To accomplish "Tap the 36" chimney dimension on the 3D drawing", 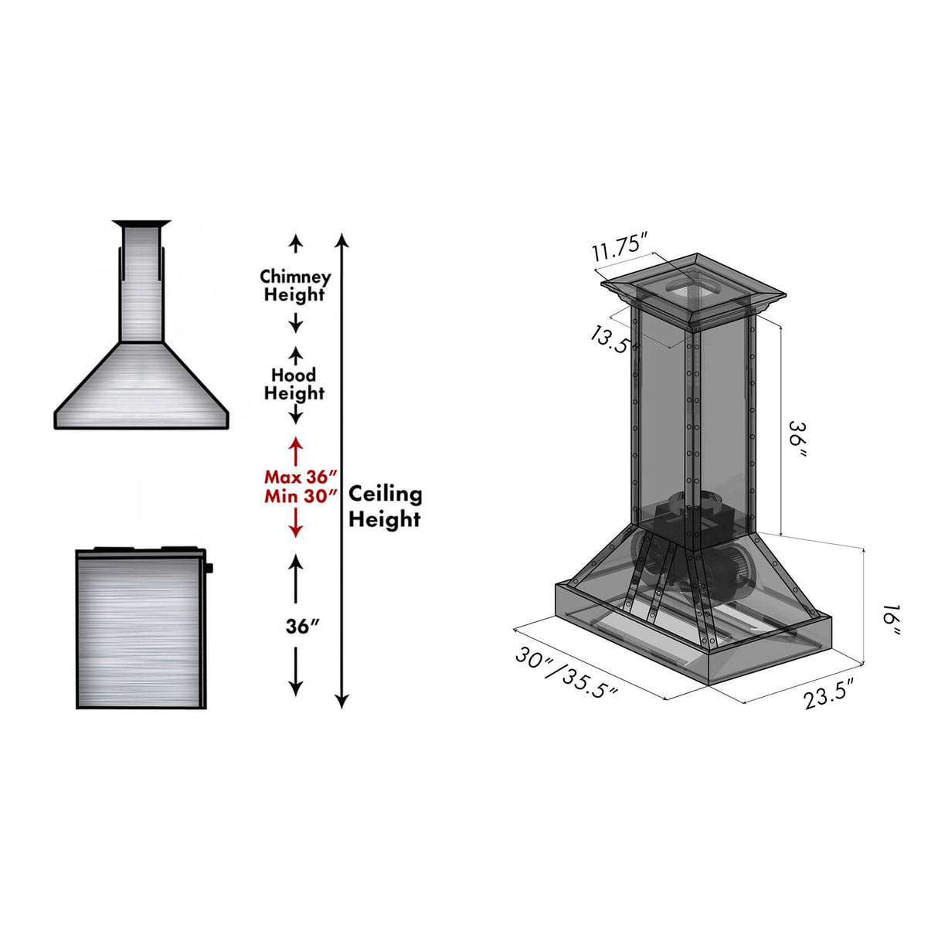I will (797, 440).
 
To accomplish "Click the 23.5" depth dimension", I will (828, 694).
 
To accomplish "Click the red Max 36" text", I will (301, 477).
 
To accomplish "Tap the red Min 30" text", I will (301, 496).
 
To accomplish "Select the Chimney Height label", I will (295, 285).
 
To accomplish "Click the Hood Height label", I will (294, 384).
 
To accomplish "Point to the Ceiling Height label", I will (385, 506).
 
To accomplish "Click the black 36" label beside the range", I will (302, 626).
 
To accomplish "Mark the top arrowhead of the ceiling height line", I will (342, 239).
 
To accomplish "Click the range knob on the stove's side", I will (210, 569).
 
